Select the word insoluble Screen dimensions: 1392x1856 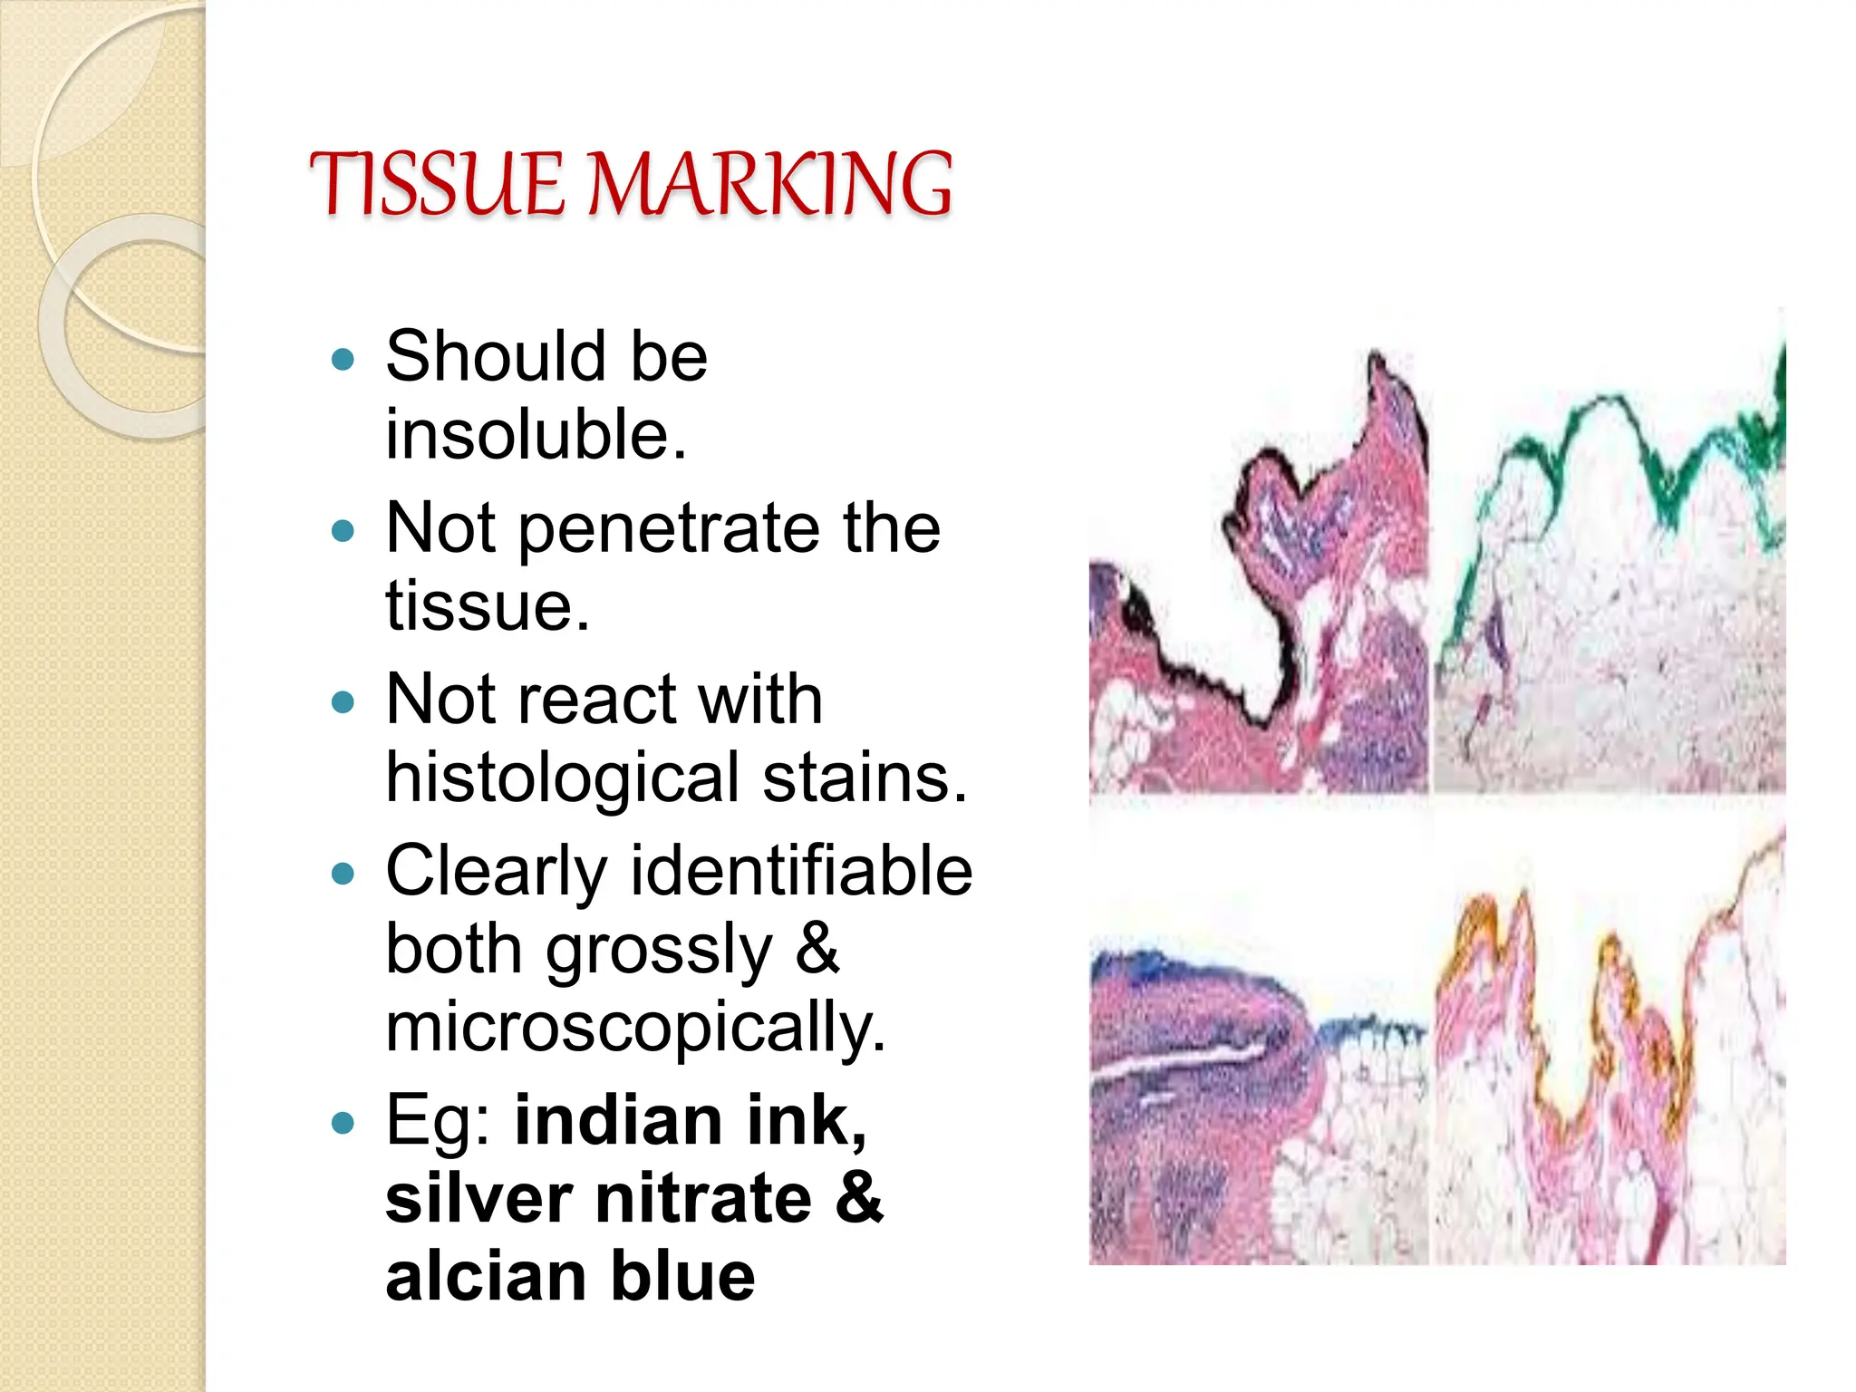coord(535,435)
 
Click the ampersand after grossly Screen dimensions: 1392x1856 coord(817,949)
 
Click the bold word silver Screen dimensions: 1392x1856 coord(478,1199)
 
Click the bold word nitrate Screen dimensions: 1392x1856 coord(703,1199)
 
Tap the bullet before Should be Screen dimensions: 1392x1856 coord(343,360)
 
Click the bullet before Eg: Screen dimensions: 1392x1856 coord(343,1125)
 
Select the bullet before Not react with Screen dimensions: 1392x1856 coord(343,701)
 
